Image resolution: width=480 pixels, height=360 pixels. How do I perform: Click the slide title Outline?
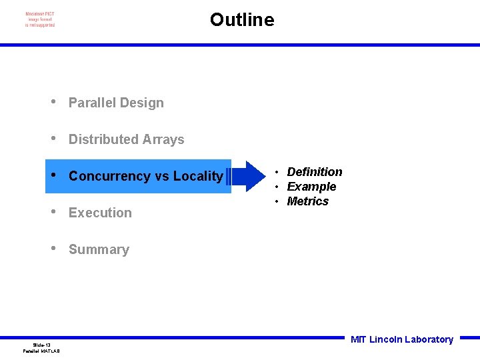241,20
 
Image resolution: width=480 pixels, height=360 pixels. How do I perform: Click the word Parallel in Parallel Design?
90,103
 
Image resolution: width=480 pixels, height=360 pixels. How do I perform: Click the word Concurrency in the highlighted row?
109,176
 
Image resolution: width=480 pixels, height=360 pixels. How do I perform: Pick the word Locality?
198,176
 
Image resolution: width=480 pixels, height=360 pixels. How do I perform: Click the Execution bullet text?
100,213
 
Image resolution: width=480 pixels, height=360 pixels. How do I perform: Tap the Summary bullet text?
99,249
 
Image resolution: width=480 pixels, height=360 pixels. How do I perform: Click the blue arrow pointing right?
248,177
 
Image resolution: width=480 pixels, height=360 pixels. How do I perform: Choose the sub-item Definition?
314,172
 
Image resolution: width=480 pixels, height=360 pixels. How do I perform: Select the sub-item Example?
311,187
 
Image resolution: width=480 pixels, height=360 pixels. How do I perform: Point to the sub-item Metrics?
307,201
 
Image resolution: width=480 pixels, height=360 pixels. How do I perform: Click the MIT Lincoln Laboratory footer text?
401,339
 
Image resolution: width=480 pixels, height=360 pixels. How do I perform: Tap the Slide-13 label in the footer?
41,345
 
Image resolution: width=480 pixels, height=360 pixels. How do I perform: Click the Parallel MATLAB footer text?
41,351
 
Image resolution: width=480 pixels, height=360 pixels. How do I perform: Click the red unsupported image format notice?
40,19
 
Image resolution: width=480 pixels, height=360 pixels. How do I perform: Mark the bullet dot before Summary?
53,249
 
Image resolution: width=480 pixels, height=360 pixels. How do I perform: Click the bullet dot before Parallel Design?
53,102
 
